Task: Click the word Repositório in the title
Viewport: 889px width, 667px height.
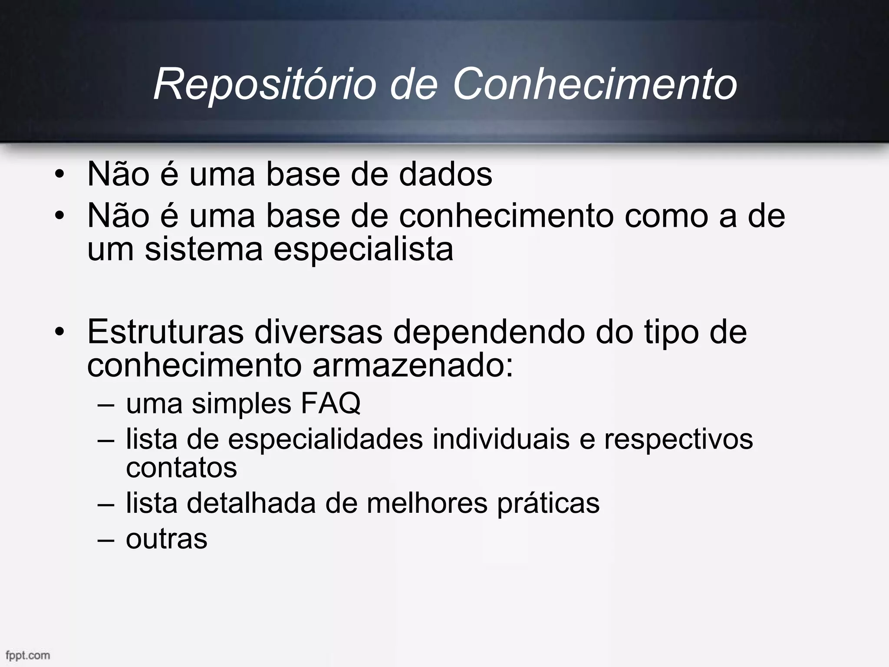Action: pyautogui.click(x=265, y=84)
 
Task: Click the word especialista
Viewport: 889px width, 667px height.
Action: pyautogui.click(x=363, y=250)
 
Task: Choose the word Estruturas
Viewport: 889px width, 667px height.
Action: pyautogui.click(x=165, y=332)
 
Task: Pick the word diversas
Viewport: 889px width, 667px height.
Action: pyautogui.click(x=318, y=332)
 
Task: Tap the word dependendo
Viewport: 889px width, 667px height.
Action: pyautogui.click(x=489, y=333)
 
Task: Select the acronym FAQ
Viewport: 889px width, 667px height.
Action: pyautogui.click(x=330, y=403)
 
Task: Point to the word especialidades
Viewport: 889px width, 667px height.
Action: pyautogui.click(x=325, y=439)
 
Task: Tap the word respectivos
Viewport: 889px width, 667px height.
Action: pyautogui.click(x=679, y=439)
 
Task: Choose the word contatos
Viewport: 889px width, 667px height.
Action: pyautogui.click(x=181, y=467)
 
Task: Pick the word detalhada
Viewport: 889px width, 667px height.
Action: pyautogui.click(x=251, y=503)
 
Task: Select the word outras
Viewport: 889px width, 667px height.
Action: pyautogui.click(x=167, y=539)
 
